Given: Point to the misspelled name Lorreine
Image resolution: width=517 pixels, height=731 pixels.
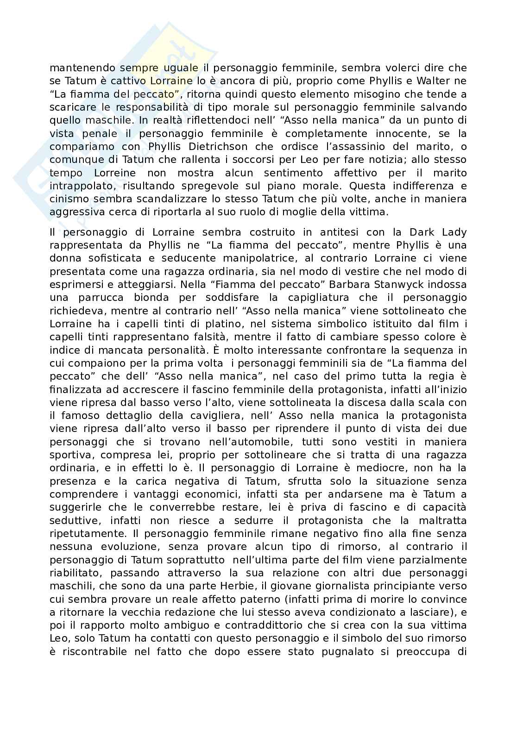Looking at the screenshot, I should [x=115, y=173].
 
